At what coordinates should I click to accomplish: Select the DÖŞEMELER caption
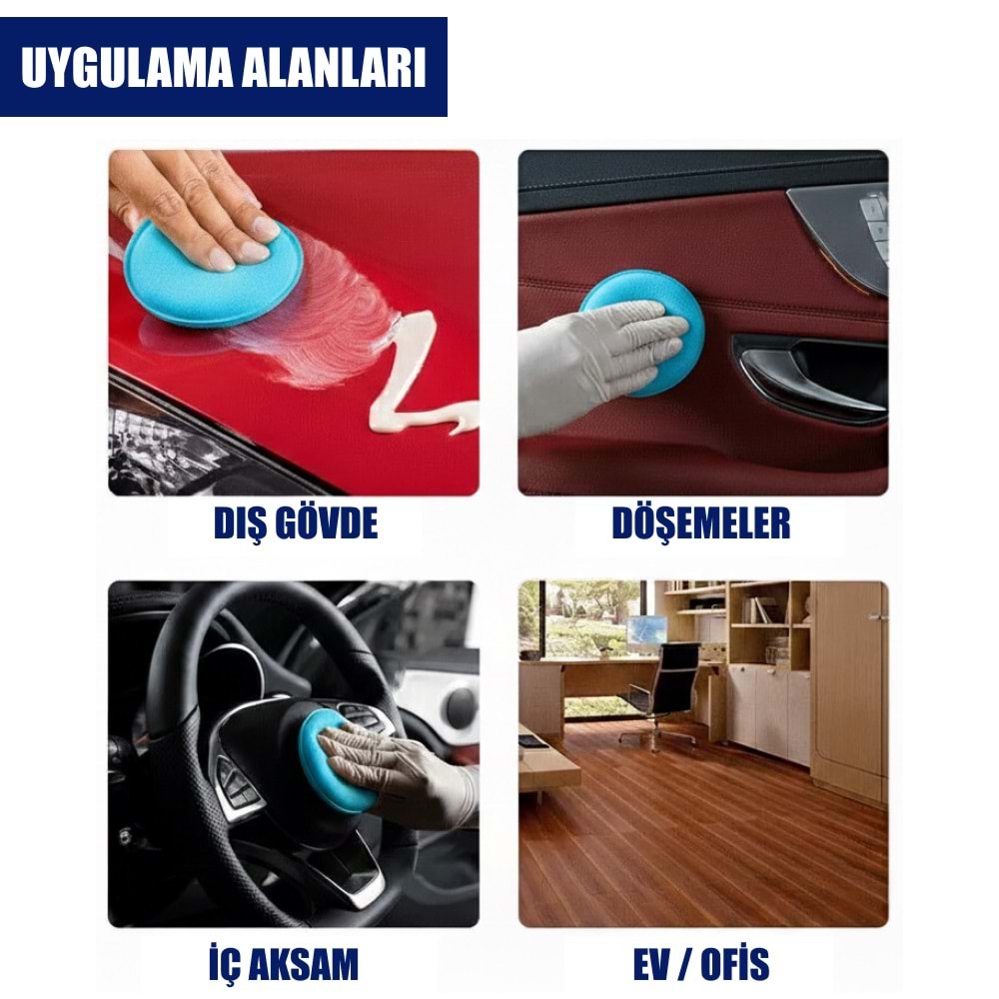701,523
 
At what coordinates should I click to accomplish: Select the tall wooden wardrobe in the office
848,689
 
